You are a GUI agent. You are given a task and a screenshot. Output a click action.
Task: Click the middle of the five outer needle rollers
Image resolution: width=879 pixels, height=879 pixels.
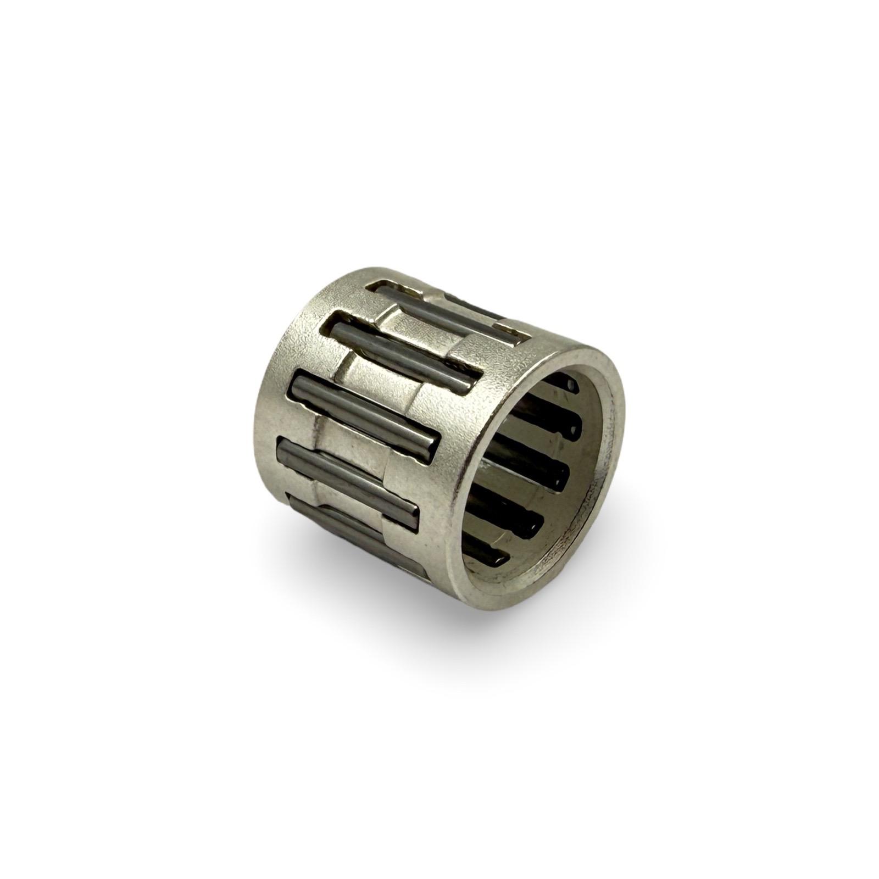[x=365, y=409]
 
